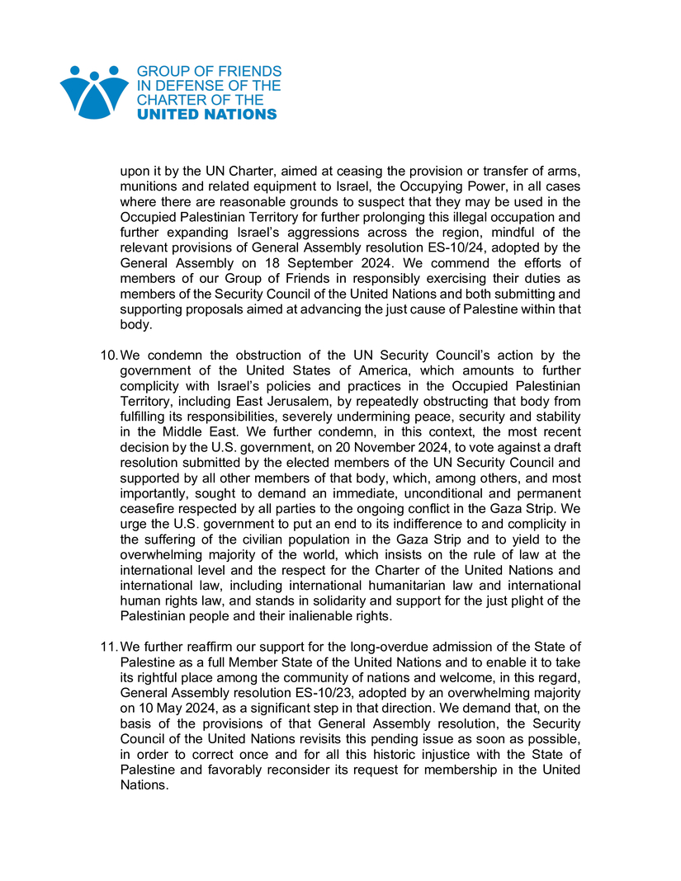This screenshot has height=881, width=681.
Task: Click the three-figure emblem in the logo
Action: click(x=94, y=92)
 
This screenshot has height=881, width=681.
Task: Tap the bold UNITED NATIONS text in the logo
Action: click(x=206, y=115)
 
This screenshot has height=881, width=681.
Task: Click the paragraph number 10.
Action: click(x=108, y=356)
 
